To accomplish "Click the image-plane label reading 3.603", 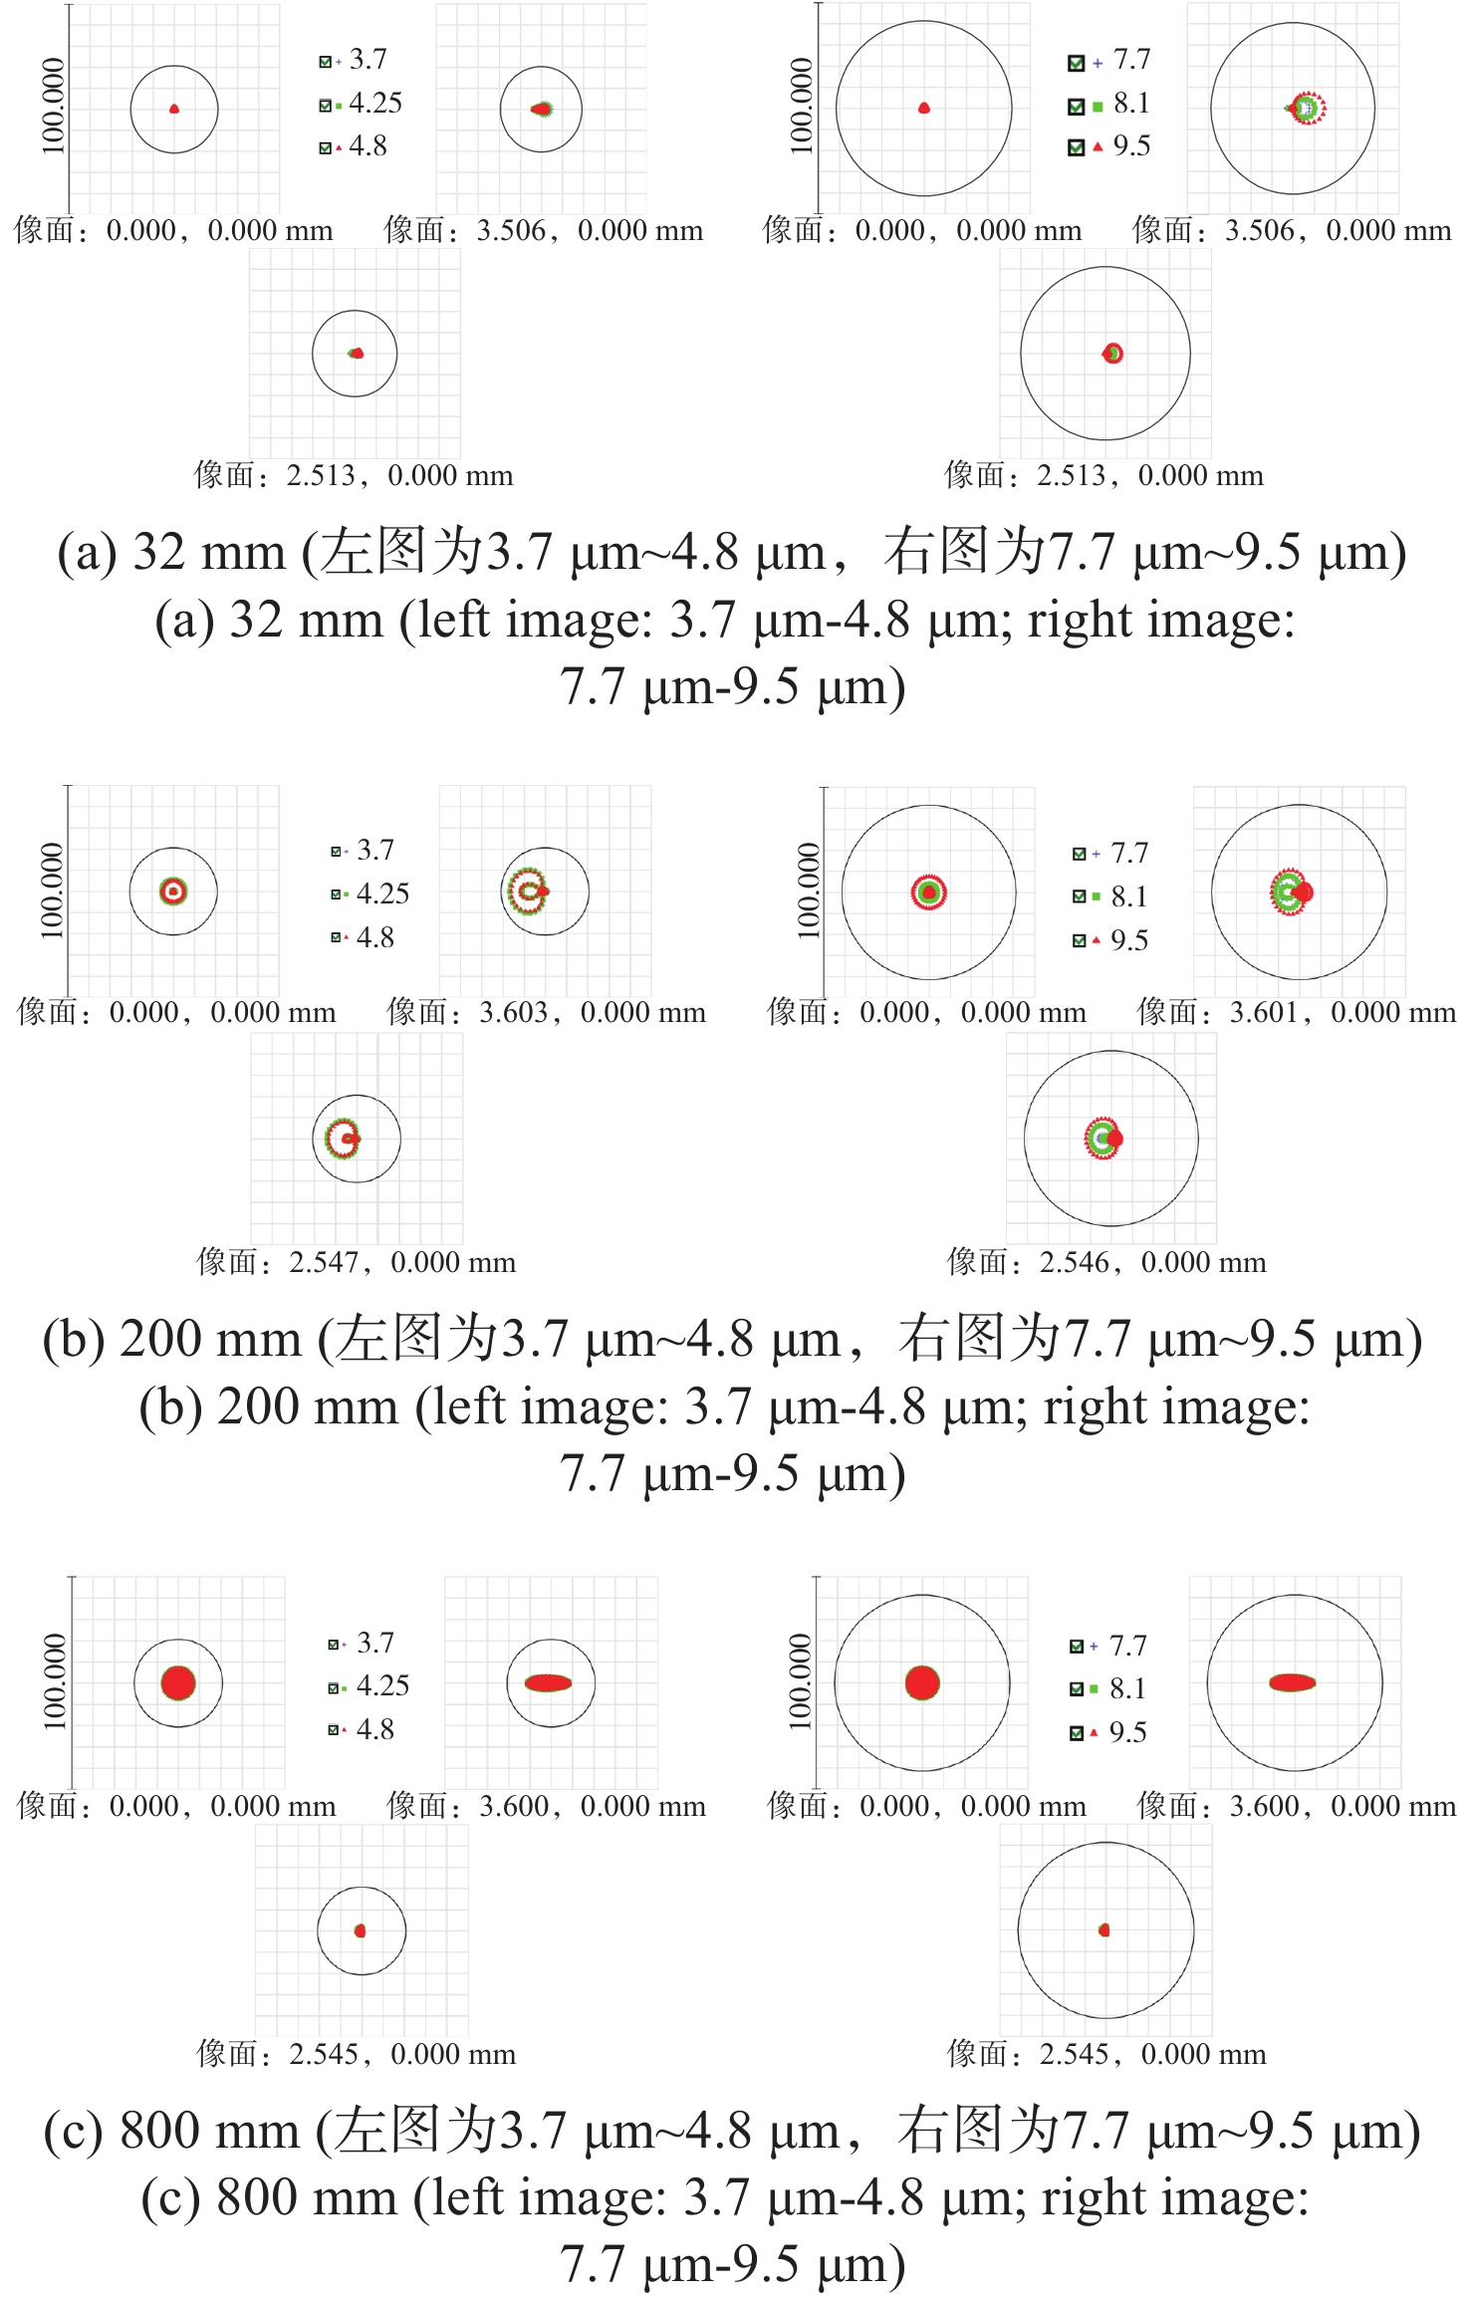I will pos(546,1013).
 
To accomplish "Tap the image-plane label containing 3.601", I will pos(1296,1013).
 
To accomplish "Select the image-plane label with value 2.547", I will pos(356,1263).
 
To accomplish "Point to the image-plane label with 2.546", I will pos(1106,1263).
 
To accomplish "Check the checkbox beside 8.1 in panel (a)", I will pos(1076,105).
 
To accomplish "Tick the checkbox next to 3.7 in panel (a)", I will pos(325,62).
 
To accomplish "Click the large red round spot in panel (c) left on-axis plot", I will pos(178,1683).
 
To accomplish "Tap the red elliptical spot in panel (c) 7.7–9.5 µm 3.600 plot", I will pos(1292,1682).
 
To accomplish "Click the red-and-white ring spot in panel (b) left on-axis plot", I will pos(173,891).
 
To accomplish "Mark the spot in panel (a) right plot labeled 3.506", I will pos(1306,108).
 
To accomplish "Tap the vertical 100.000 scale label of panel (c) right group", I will pos(800,1680).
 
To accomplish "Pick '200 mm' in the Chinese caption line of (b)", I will pos(210,1339).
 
